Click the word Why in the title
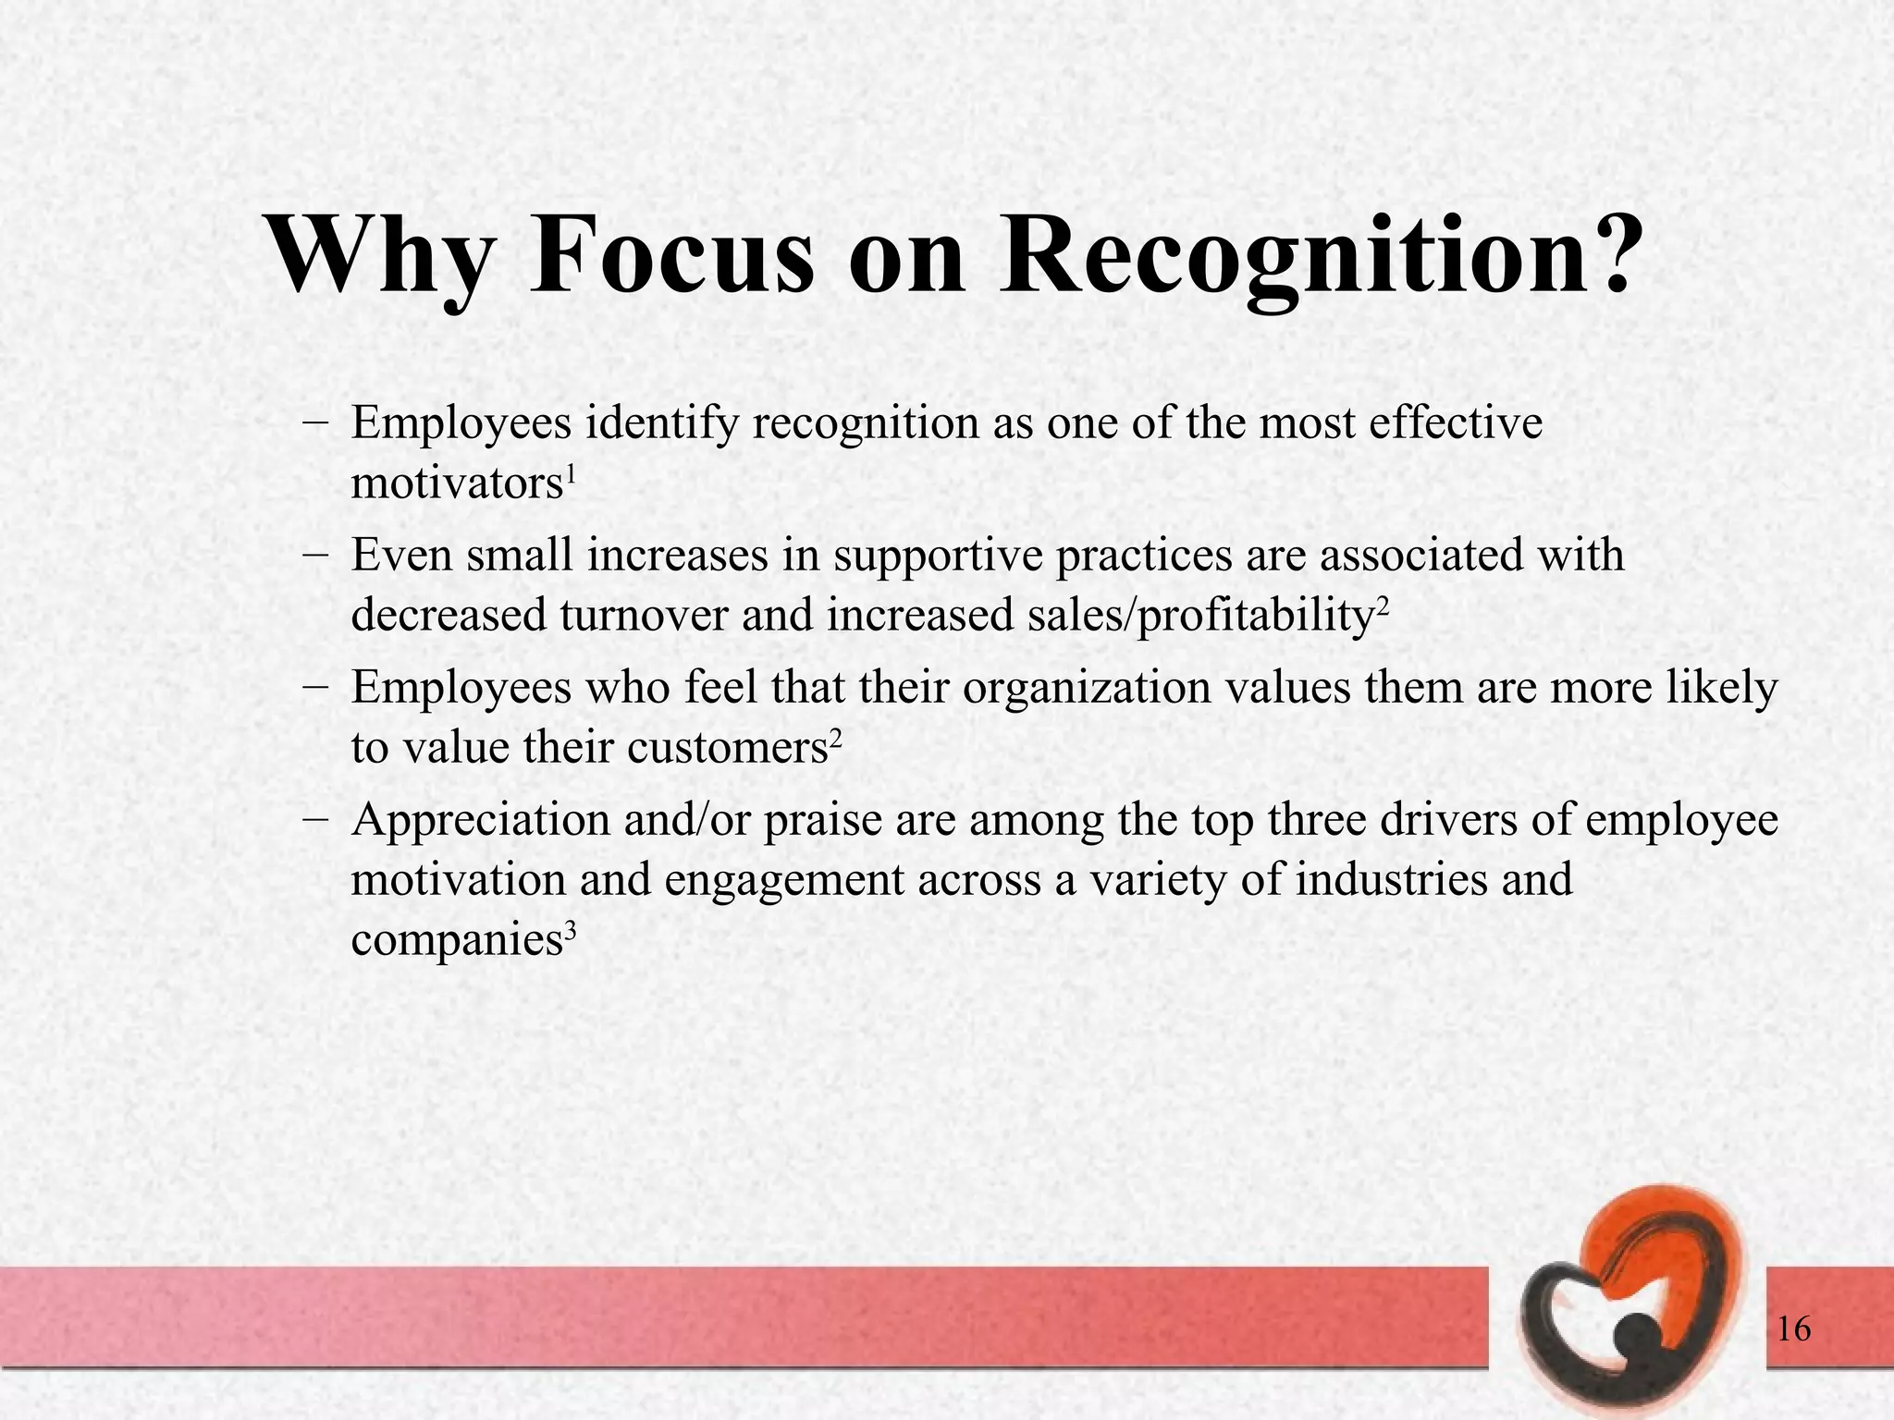[379, 254]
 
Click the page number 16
[1793, 1329]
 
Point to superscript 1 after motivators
[571, 473]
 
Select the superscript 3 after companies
[570, 931]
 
